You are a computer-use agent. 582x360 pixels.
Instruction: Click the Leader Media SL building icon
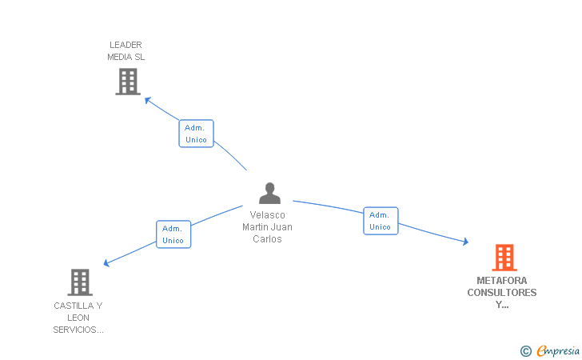click(x=128, y=82)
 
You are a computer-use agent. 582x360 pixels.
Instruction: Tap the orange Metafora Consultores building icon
click(x=504, y=258)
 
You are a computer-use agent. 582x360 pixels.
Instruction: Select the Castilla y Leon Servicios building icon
click(x=80, y=282)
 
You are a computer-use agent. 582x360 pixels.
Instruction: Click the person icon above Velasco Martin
click(x=270, y=193)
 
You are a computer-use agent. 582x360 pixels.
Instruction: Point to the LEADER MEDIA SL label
click(x=126, y=51)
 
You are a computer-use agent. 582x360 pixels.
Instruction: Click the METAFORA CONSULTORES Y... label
click(x=502, y=292)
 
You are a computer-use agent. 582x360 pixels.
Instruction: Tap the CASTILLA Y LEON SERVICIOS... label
click(x=78, y=318)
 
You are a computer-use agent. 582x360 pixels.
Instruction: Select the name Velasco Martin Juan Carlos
click(x=267, y=226)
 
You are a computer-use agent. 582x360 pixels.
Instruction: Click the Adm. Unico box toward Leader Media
click(x=196, y=134)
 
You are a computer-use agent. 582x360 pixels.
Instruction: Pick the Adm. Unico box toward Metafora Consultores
click(x=381, y=221)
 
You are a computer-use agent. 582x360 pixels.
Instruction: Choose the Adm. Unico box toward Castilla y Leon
click(x=173, y=234)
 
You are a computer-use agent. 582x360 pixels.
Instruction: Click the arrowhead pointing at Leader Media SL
click(x=147, y=100)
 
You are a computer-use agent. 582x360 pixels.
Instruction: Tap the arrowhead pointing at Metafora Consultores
click(x=465, y=242)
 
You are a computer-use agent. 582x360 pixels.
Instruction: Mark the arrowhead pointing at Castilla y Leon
click(x=106, y=262)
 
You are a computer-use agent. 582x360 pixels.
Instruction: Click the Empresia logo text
click(x=558, y=350)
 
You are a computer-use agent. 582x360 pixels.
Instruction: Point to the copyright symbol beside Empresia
click(x=526, y=351)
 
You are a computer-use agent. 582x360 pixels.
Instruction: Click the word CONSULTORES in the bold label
click(x=502, y=292)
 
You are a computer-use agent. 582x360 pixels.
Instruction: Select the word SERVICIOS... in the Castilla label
click(x=78, y=330)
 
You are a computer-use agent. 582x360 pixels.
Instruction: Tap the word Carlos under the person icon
click(x=267, y=239)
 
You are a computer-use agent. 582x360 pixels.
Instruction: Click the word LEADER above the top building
click(x=126, y=45)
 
